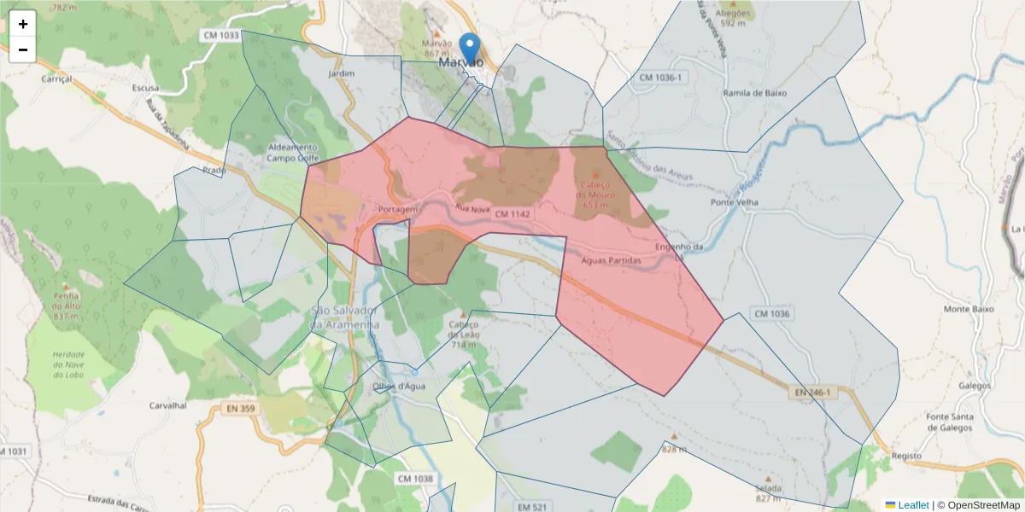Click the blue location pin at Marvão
tap(470, 48)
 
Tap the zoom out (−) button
tap(23, 49)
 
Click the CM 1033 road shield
tap(222, 35)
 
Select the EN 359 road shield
tap(241, 409)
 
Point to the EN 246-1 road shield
tap(812, 392)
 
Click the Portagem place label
tap(396, 209)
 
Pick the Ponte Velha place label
tap(735, 202)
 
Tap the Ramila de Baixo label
tap(754, 93)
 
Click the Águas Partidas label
tap(611, 260)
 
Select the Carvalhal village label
tap(167, 405)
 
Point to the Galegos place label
tap(950, 385)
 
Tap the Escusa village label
tap(145, 88)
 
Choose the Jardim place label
tap(341, 73)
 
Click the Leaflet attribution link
tap(912, 505)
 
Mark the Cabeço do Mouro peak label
tap(594, 190)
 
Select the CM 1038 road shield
tap(415, 479)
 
